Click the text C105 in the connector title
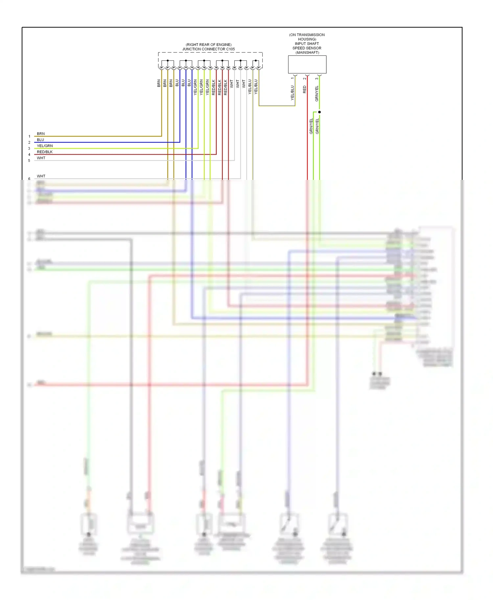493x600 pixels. coord(230,49)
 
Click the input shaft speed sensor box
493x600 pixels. coord(307,64)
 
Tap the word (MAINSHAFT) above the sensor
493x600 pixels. coord(307,53)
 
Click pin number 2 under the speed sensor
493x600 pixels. coord(305,78)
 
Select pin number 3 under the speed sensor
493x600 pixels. coord(317,78)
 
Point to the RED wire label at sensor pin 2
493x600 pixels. coord(305,89)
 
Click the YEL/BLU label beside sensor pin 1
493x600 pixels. coord(292,93)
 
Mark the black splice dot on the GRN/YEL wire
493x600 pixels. coord(319,112)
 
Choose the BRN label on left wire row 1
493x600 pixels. coord(41,134)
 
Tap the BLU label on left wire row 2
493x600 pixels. coord(40,140)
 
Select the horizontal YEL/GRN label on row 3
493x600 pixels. coord(45,146)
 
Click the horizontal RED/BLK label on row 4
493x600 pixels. coord(45,152)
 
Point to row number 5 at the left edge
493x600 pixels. coord(29,161)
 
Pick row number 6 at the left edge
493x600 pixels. coord(29,179)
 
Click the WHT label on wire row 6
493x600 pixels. coord(41,176)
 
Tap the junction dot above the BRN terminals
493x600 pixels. coord(168,60)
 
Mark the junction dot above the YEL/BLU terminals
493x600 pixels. coord(256,60)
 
